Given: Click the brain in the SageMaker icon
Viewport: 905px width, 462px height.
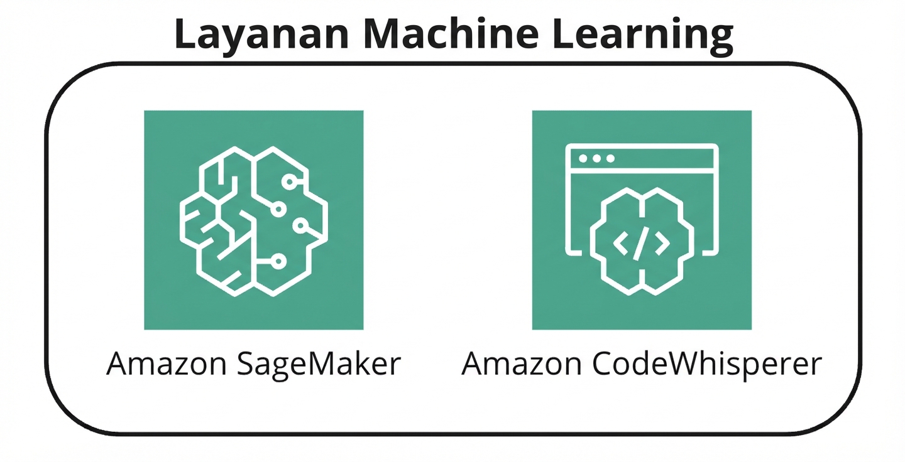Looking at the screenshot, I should click(x=253, y=220).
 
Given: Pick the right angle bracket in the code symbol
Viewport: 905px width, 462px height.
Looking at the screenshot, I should click(x=661, y=244).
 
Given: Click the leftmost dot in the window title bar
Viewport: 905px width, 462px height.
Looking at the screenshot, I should click(x=583, y=158).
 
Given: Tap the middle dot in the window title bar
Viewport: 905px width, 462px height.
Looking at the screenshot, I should click(x=596, y=158).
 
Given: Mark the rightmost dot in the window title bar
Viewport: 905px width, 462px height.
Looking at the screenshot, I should click(x=610, y=158).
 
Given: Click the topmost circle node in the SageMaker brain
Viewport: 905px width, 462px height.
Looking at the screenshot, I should click(x=288, y=182).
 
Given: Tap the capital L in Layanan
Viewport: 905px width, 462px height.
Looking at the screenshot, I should click(x=184, y=35).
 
